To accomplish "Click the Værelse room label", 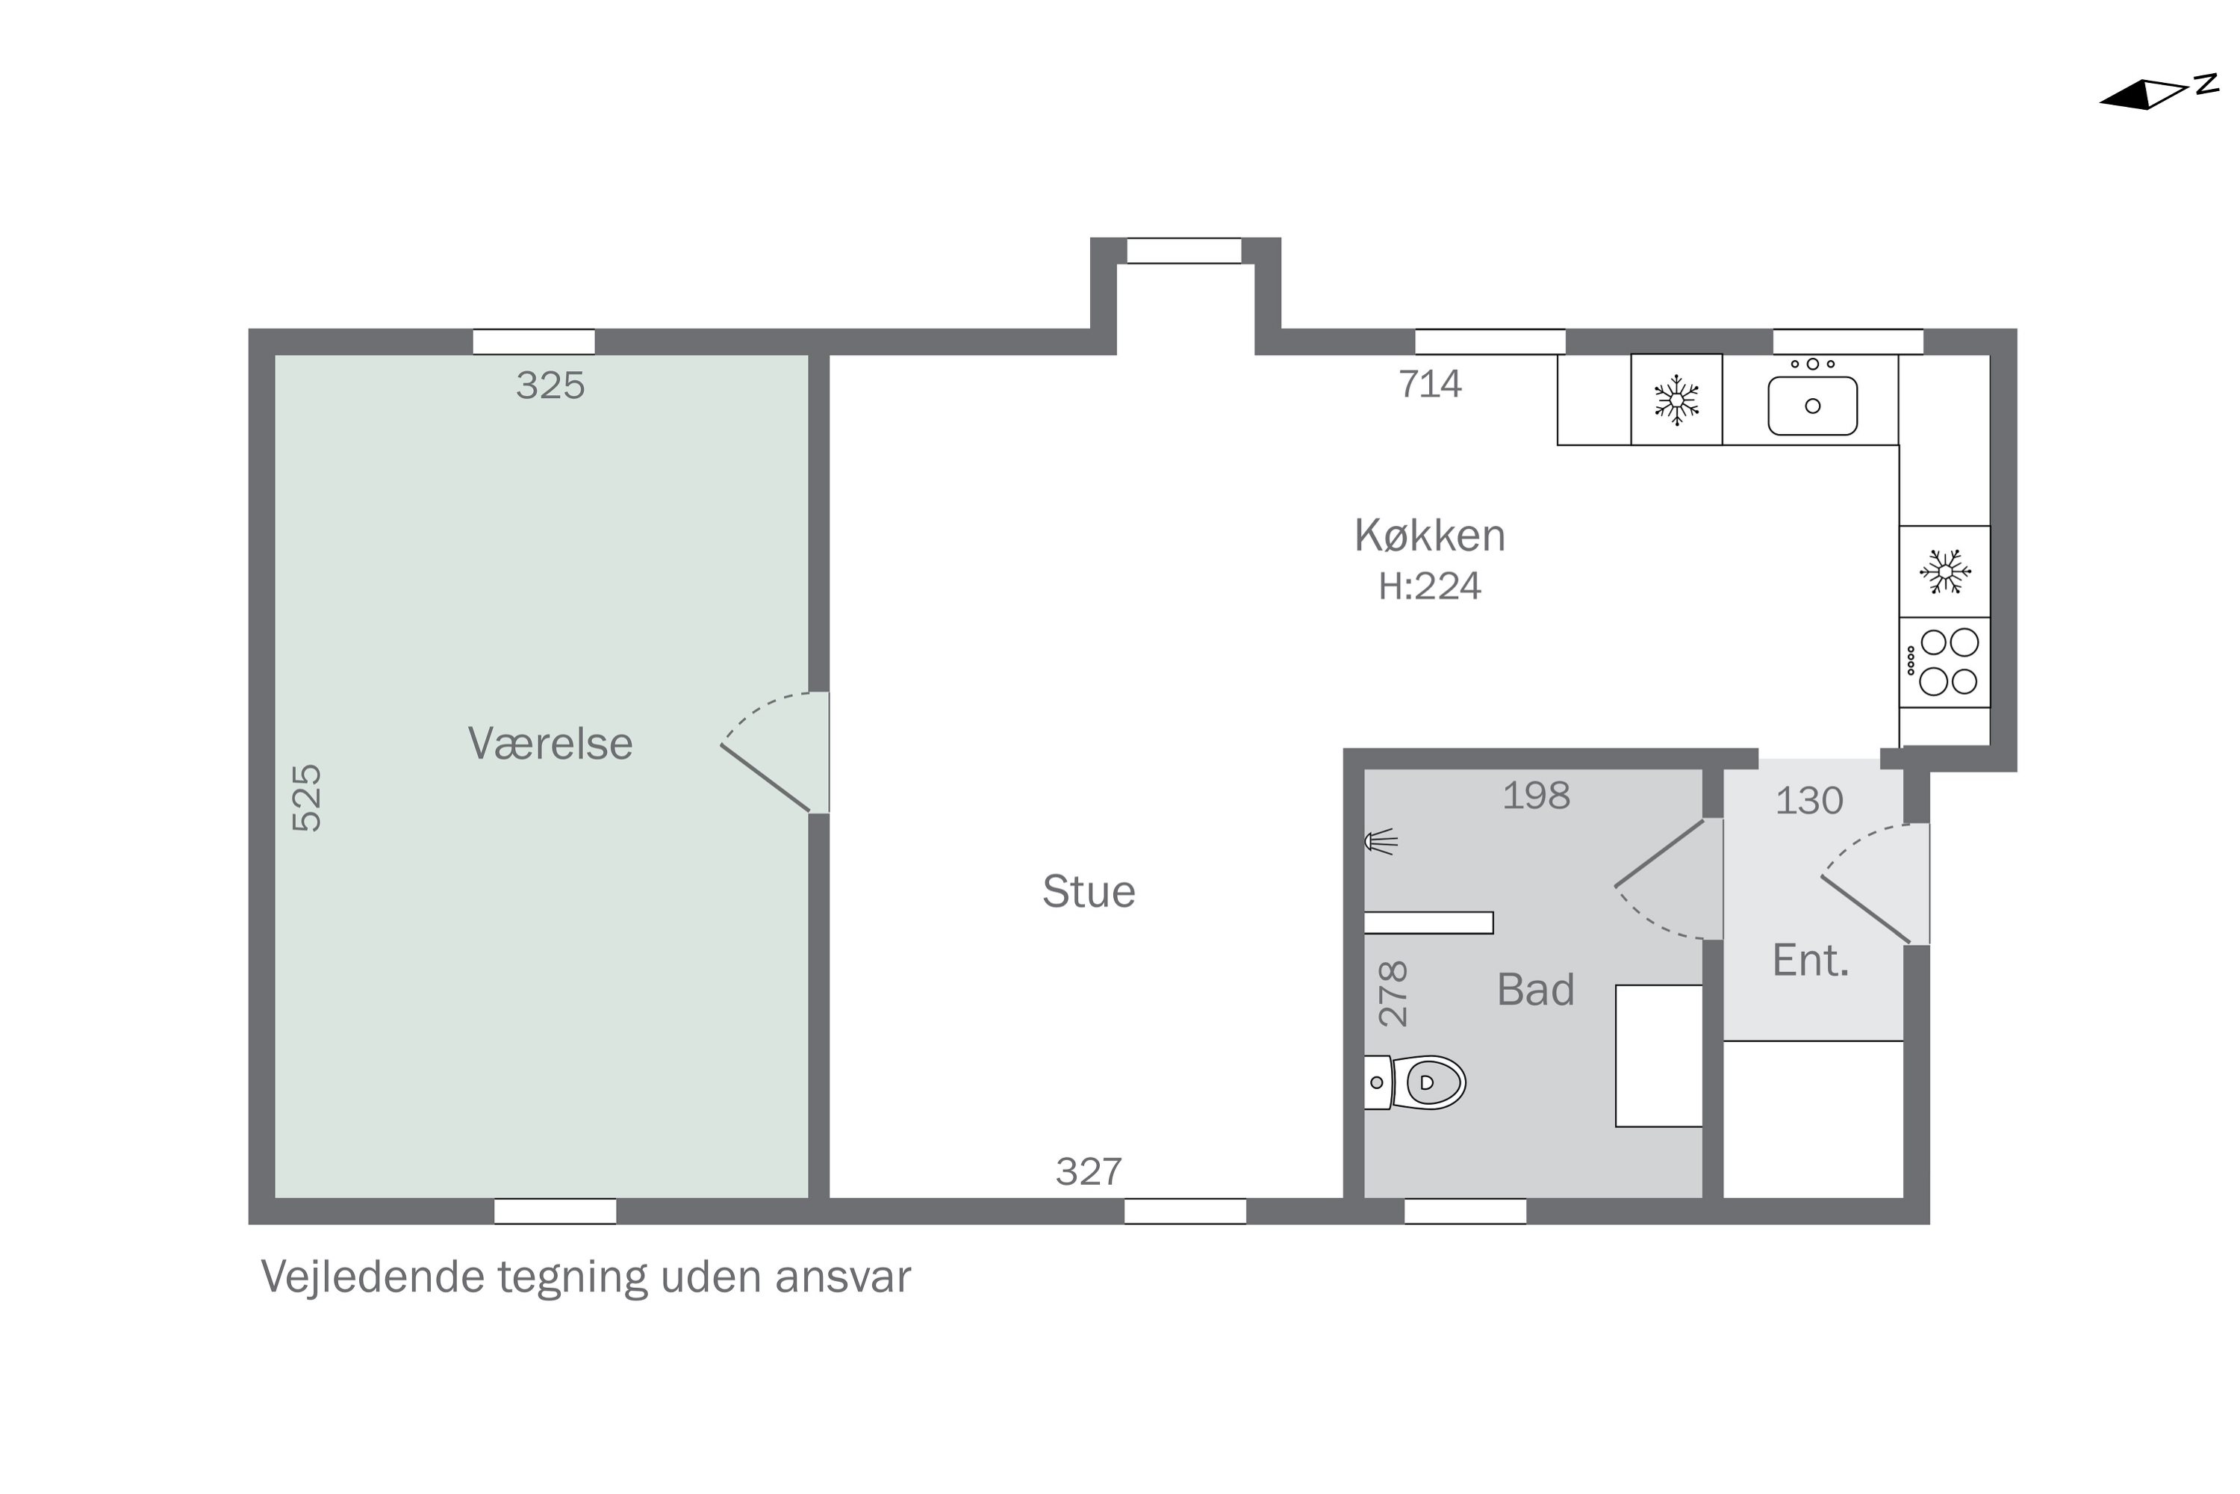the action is point(550,744).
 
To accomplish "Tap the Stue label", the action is point(1089,892).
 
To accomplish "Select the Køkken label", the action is point(1430,536).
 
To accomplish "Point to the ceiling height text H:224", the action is point(1430,586).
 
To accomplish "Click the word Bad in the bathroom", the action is point(1535,990).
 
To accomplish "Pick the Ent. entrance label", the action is point(1809,961).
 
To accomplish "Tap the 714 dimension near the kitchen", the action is point(1430,384).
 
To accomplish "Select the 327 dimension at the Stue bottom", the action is point(1089,1172).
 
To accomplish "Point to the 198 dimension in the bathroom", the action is point(1535,796).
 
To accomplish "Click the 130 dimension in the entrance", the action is point(1808,802).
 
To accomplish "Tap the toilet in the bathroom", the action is point(1414,1082).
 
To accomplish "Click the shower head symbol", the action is point(1380,841).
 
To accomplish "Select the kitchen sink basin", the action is point(1812,406).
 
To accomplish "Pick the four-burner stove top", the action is point(1944,662).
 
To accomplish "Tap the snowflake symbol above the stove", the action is point(1945,571).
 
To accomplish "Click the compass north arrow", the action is point(2157,94).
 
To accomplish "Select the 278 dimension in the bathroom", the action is point(1393,994).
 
